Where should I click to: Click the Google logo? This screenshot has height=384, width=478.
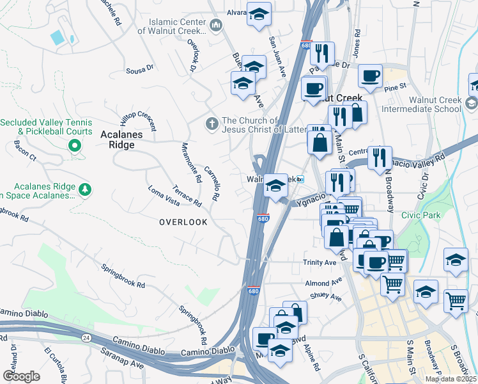pyautogui.click(x=21, y=376)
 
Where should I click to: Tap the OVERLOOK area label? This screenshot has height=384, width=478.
pyautogui.click(x=183, y=222)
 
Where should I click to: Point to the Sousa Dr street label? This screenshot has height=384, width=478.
pyautogui.click(x=141, y=67)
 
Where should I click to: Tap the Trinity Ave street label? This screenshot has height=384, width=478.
pyautogui.click(x=320, y=262)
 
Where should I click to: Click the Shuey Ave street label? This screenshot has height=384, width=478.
pyautogui.click(x=326, y=296)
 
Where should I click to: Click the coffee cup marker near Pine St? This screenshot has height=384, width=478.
pyautogui.click(x=370, y=76)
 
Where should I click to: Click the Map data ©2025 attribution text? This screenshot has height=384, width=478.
pyautogui.click(x=451, y=379)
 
